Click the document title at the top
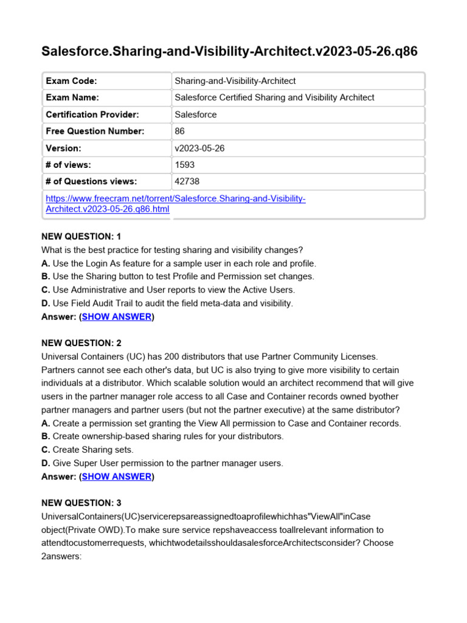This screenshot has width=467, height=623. coord(229,51)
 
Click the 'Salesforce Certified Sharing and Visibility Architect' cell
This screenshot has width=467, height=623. coord(274,97)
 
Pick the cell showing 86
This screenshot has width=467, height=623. coord(179,131)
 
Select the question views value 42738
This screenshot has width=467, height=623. coord(187,181)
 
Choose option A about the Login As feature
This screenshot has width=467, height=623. coord(179,263)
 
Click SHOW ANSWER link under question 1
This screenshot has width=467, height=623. coord(116,316)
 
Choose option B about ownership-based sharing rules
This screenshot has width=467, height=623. coord(162,436)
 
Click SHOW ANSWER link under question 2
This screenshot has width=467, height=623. coord(116,476)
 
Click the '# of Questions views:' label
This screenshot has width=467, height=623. coord(91,181)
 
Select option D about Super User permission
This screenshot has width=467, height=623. coord(162,463)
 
